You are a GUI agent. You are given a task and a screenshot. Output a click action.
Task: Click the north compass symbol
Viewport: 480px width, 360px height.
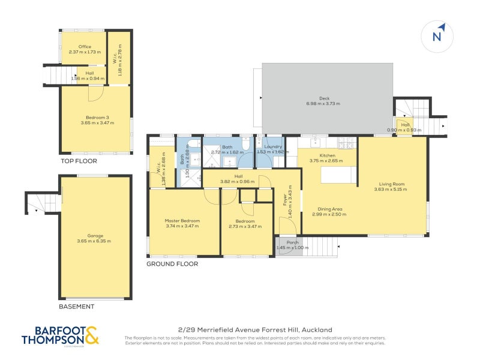coord(437,35)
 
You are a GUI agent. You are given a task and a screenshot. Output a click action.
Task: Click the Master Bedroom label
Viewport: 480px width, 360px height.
coord(182,221)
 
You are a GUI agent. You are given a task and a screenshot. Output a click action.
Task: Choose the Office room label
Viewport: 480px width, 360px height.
coord(84,46)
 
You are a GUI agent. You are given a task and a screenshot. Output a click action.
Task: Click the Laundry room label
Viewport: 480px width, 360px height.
coord(269,146)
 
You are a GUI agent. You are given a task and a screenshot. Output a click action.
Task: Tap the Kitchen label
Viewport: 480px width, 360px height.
coord(327,156)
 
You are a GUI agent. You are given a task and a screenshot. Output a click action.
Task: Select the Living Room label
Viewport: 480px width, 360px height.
coord(391,184)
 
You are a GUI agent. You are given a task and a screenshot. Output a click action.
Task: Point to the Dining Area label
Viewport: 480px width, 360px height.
coord(328,209)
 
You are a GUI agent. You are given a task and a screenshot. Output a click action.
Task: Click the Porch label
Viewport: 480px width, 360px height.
coord(292,242)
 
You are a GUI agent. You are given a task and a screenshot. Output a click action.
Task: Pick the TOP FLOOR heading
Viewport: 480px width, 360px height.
coord(78,161)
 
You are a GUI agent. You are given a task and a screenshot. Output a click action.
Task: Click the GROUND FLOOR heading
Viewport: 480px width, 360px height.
coord(172,263)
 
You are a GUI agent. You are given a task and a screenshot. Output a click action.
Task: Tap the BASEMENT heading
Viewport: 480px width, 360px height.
coord(76,307)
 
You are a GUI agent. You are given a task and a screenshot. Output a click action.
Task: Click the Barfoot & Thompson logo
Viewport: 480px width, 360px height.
coord(60,335)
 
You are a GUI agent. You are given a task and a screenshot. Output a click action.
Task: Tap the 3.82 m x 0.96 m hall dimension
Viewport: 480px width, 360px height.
coord(238,181)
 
